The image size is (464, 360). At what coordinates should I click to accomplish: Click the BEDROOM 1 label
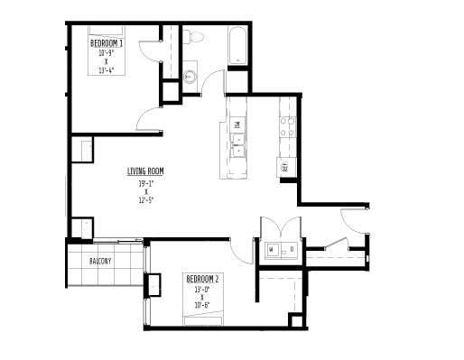[107, 42]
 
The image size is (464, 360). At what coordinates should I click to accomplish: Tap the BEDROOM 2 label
[203, 279]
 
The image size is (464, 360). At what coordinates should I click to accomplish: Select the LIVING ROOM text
[144, 171]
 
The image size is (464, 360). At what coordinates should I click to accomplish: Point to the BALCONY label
[100, 262]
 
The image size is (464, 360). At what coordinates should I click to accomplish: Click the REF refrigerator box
[284, 167]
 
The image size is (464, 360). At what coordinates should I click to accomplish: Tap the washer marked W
[271, 249]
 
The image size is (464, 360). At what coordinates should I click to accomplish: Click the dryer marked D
[291, 249]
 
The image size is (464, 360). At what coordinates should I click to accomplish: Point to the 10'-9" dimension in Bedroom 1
[107, 52]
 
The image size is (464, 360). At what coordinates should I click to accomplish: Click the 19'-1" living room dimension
[144, 183]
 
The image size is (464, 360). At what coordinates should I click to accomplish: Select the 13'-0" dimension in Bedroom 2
[203, 289]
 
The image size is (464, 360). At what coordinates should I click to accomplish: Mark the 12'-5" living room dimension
[144, 201]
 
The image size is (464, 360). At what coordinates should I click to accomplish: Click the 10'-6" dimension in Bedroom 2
[203, 307]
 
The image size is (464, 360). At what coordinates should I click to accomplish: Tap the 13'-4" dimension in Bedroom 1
[107, 70]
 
